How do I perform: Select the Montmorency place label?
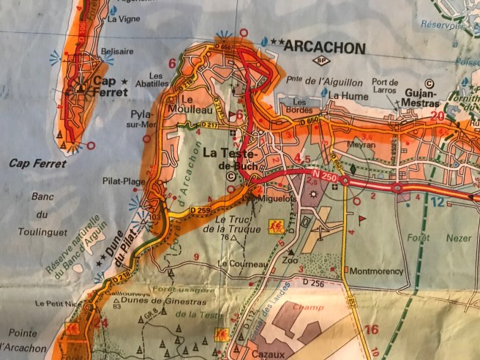point(377,271)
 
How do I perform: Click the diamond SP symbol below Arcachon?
point(319,61)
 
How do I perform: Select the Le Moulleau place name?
point(187,103)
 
